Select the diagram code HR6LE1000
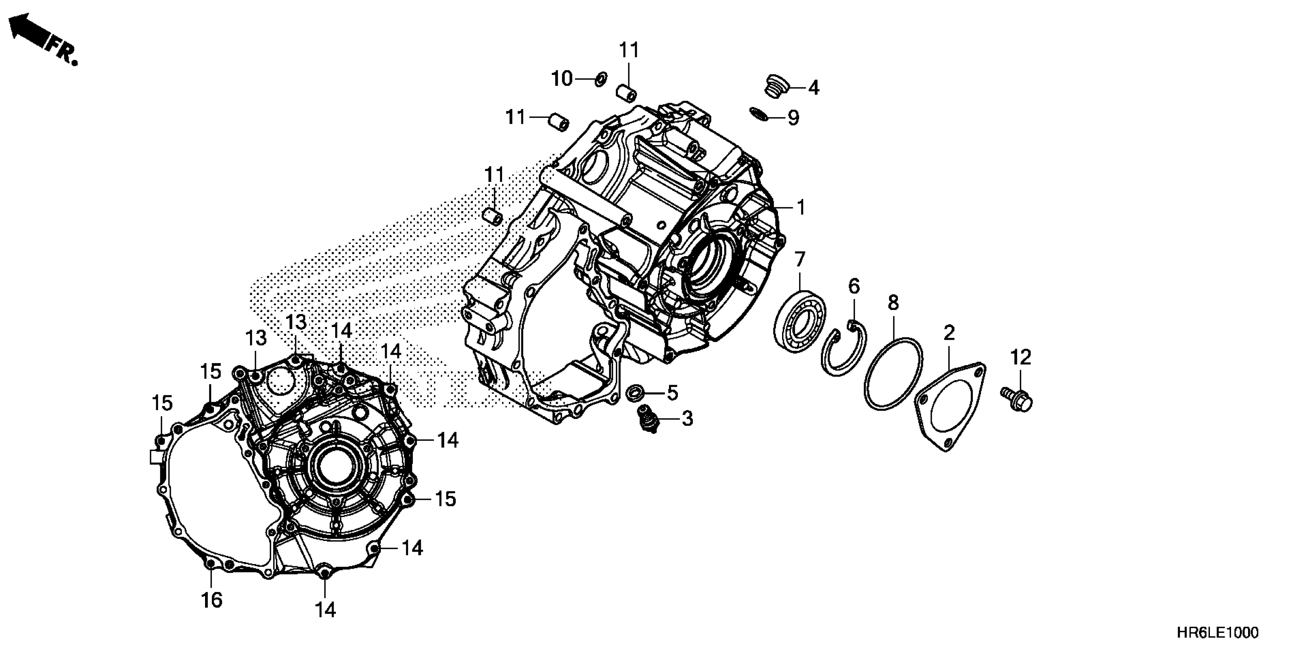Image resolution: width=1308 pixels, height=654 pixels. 1218,632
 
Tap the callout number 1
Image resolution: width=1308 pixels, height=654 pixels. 801,207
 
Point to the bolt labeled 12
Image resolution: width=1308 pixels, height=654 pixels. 1018,399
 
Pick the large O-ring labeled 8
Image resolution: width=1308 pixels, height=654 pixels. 893,373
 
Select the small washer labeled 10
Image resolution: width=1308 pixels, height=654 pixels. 601,79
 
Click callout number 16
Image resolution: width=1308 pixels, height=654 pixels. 212,600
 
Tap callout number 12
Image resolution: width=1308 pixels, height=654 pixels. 1021,357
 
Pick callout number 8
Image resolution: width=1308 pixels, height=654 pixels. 893,303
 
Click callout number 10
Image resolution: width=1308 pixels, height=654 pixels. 562,79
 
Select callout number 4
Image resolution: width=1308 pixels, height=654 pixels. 813,88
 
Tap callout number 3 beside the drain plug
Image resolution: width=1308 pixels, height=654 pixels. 687,419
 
